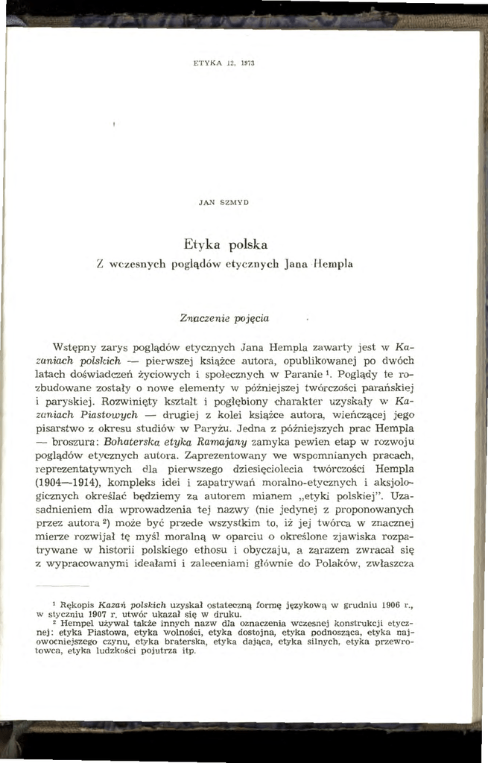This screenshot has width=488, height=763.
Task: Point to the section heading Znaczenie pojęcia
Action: coord(214,318)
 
